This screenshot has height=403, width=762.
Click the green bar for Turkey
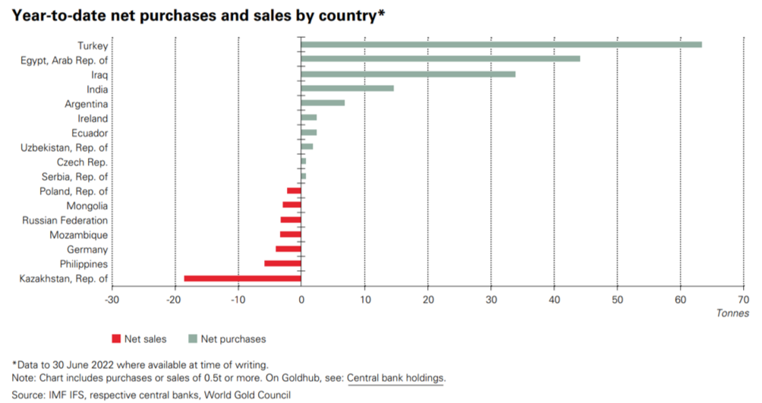(x=501, y=45)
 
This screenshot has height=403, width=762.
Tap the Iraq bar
(x=408, y=74)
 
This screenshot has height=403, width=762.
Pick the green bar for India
(x=348, y=89)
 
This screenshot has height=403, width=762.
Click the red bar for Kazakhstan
(x=243, y=279)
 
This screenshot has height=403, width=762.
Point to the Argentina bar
(x=323, y=103)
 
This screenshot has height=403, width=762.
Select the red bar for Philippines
(x=283, y=264)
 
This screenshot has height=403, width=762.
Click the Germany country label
(x=87, y=250)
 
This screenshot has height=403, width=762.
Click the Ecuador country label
(x=89, y=133)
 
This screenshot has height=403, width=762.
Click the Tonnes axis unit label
(x=732, y=313)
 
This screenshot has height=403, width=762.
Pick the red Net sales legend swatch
(x=116, y=338)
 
